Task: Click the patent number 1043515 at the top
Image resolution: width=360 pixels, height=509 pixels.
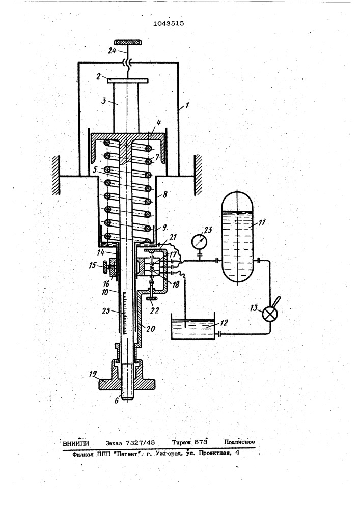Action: (169, 23)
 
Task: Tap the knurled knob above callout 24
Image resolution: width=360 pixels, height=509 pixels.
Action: (128, 43)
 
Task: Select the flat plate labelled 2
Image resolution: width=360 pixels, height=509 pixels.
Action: (128, 80)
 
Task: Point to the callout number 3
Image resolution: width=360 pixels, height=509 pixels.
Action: (104, 100)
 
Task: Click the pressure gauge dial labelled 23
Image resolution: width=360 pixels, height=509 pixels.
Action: (199, 242)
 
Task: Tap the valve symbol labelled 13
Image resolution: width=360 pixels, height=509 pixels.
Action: (270, 314)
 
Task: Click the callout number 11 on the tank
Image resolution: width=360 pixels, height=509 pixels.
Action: (262, 222)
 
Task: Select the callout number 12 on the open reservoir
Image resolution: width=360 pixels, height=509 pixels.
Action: (224, 323)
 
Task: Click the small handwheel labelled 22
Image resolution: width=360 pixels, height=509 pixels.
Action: (151, 298)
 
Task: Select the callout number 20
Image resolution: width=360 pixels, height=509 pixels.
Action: (151, 329)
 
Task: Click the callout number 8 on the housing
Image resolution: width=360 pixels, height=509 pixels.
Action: (165, 195)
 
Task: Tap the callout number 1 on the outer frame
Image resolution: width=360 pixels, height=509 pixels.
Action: (187, 106)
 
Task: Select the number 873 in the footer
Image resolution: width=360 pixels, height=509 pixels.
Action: (201, 442)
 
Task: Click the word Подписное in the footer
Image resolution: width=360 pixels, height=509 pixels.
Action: (239, 442)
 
